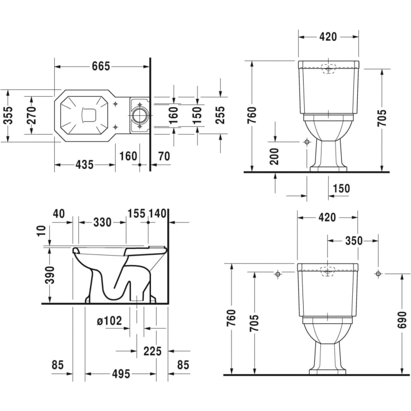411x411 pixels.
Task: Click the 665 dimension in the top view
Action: pyautogui.click(x=101, y=66)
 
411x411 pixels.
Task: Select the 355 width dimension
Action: pyautogui.click(x=7, y=115)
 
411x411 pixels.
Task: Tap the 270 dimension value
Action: pyautogui.click(x=31, y=115)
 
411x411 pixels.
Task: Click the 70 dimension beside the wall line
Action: pyautogui.click(x=163, y=156)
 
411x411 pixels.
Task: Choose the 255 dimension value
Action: pyautogui.click(x=220, y=115)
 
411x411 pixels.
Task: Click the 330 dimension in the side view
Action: pyautogui.click(x=102, y=223)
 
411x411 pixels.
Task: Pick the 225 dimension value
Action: pyautogui.click(x=152, y=351)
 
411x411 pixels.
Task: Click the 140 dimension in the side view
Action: pyautogui.click(x=158, y=213)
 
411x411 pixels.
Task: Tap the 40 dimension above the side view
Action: pyautogui.click(x=59, y=213)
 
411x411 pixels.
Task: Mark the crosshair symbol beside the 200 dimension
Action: pyautogui.click(x=306, y=142)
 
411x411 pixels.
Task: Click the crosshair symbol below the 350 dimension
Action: pyautogui.click(x=378, y=273)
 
